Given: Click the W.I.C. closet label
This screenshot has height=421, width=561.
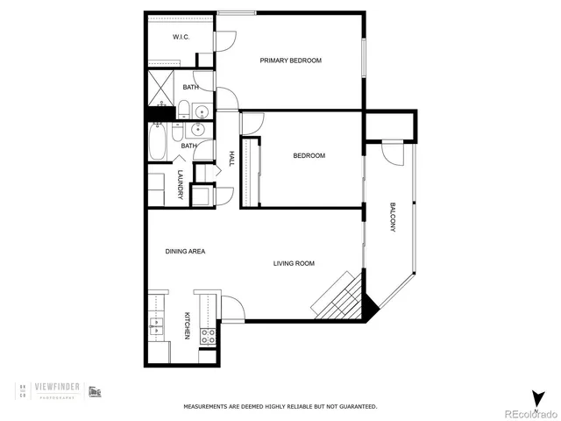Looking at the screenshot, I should [x=181, y=37].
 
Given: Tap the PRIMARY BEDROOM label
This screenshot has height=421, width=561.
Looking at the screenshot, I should [x=290, y=61].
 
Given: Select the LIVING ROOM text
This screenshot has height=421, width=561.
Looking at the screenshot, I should [x=294, y=263].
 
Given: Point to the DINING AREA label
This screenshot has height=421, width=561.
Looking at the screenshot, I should [x=185, y=252].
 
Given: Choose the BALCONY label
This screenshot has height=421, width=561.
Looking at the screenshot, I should [x=393, y=217].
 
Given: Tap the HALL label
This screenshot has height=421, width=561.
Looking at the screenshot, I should [x=231, y=158].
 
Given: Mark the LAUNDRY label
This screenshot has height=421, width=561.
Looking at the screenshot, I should [x=180, y=184].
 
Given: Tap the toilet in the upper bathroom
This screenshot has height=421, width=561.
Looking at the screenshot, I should [x=184, y=111].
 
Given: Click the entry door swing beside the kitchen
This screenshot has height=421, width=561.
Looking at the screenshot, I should [x=231, y=307].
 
